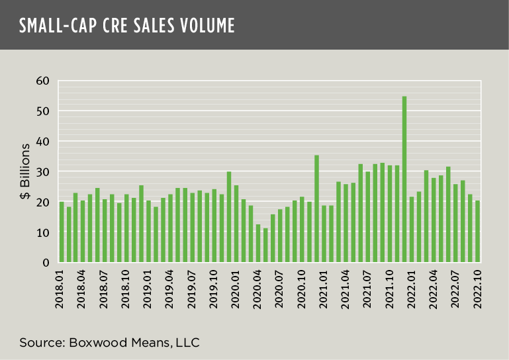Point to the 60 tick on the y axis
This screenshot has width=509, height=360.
click(x=44, y=81)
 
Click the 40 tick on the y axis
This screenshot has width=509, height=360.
click(x=44, y=142)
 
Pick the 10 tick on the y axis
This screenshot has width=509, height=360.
click(x=44, y=233)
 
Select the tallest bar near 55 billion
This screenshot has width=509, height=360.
click(x=404, y=179)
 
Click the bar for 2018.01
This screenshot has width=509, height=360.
click(x=62, y=232)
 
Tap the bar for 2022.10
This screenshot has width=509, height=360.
click(x=477, y=232)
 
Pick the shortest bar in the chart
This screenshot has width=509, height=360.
click(x=265, y=246)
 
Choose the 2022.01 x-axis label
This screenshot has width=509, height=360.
click(x=412, y=289)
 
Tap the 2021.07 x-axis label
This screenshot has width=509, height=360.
click(x=368, y=289)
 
